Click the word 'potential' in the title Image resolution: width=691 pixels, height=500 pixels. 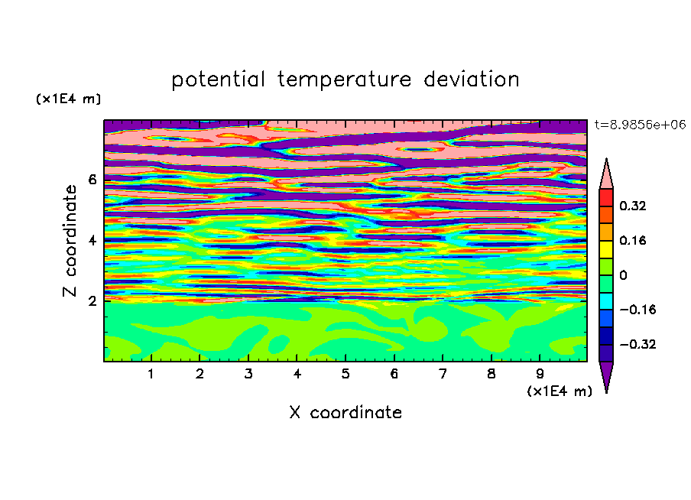pos(218,80)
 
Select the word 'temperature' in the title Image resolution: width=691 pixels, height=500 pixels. pos(345,80)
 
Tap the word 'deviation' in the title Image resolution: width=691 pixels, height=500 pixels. pos(472,80)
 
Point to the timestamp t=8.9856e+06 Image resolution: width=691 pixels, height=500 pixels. pos(640,125)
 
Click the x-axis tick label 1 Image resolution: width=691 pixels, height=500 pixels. pos(151,374)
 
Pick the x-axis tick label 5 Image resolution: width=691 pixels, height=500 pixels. pos(345,374)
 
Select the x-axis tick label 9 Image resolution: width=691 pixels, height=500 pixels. pos(540,374)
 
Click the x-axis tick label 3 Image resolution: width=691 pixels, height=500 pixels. pos(248,374)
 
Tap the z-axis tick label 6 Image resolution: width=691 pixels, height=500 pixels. pos(92,180)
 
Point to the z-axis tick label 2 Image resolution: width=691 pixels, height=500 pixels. pos(92,301)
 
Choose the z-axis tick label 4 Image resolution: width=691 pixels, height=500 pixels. pos(92,241)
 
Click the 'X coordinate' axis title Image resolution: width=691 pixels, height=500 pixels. pos(345,413)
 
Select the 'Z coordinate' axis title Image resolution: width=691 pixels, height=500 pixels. pos(70,241)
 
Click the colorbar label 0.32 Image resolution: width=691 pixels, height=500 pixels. pos(633,206)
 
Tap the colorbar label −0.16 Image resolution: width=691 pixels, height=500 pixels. pos(637,310)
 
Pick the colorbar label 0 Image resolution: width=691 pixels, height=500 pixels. pos(623,275)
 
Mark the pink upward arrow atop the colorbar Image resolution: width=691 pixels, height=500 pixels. pos(606,174)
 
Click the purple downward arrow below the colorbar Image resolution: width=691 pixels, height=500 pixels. pos(606,377)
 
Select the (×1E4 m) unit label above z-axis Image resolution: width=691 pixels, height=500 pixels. pos(68,99)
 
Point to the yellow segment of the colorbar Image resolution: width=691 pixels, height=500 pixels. pos(606,249)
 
